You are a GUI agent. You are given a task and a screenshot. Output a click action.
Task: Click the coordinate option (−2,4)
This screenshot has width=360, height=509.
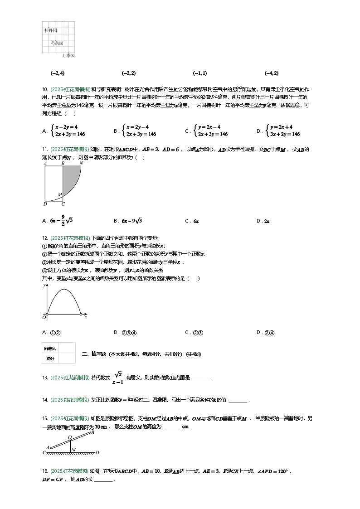[x=58, y=73]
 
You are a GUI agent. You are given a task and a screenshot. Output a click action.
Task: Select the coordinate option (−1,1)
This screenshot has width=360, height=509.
[x=200, y=73]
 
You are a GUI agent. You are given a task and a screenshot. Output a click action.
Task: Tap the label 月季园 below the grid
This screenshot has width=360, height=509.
[x=68, y=55]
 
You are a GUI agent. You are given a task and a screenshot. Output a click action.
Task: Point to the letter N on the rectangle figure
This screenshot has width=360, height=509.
[x=81, y=163]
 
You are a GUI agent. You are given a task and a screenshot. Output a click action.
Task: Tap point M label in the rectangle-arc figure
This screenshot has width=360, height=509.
[x=59, y=195]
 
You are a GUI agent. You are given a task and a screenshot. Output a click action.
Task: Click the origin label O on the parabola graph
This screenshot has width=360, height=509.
[x=44, y=318]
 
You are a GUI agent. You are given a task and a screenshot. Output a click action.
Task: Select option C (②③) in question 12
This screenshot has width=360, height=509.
[x=198, y=332]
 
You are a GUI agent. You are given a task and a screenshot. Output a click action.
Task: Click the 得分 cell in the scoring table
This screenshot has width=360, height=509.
[x=50, y=358]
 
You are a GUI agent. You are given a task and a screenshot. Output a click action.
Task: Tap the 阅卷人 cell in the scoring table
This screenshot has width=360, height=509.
[x=50, y=348]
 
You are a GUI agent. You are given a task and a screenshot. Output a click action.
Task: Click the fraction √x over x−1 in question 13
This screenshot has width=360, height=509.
[x=118, y=378]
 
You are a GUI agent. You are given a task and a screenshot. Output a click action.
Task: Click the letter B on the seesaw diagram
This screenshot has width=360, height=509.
[x=92, y=432]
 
